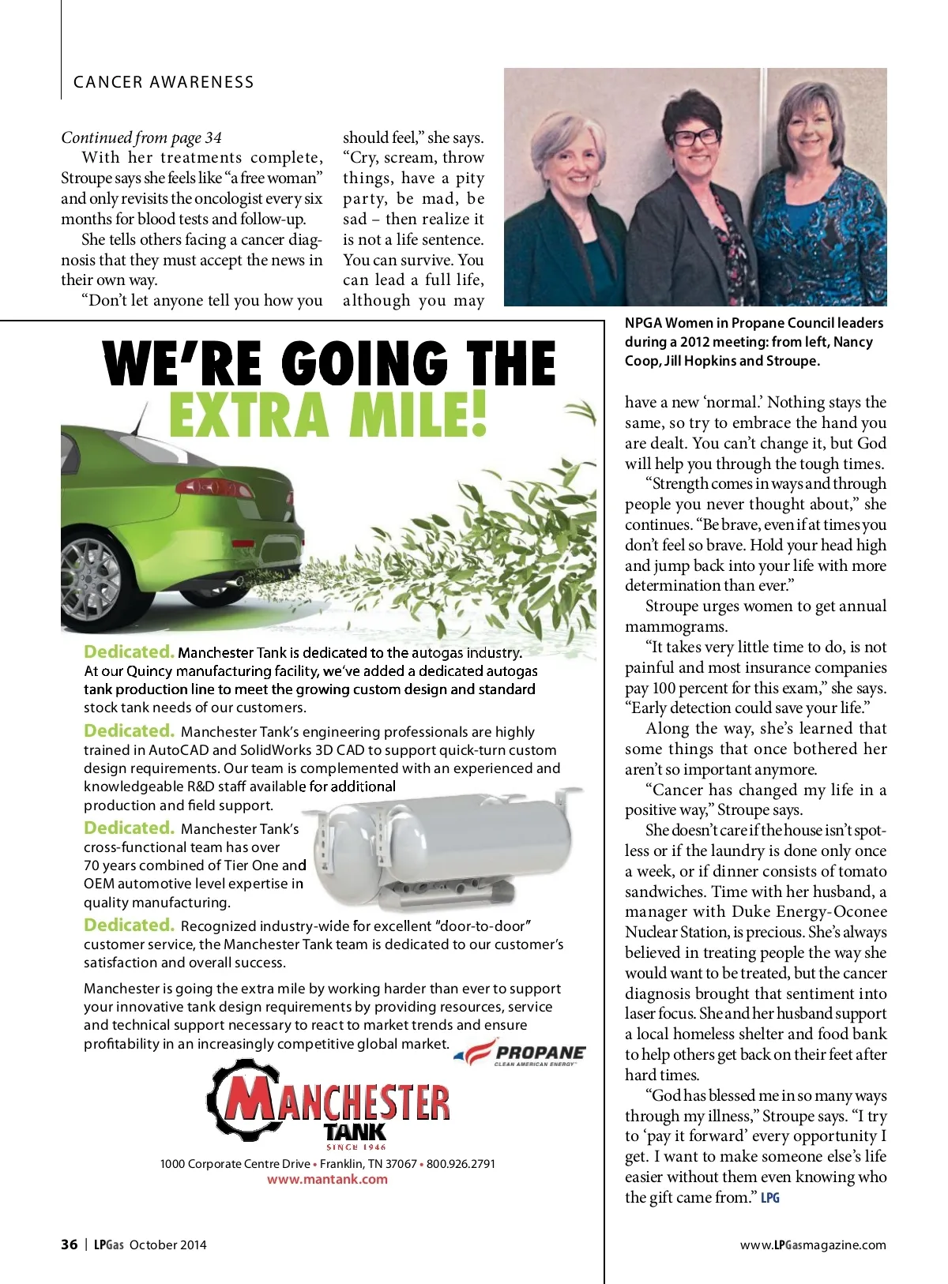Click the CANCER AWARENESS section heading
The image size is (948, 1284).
164,82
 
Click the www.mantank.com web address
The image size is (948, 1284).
327,1179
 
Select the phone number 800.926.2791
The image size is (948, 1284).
461,1163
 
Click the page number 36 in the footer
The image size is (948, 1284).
70,1245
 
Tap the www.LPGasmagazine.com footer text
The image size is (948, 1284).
813,1245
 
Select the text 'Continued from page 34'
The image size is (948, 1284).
141,137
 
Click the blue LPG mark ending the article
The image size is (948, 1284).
770,1198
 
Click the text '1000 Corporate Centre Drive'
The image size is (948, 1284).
235,1163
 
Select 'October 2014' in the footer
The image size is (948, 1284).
167,1245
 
